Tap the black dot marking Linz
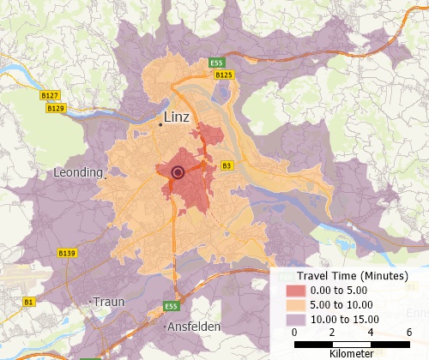[x=160, y=125]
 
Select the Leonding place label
[x=78, y=172]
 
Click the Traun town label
[x=109, y=302]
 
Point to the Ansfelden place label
[x=193, y=327]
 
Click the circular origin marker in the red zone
[x=178, y=172]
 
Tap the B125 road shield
[x=224, y=75]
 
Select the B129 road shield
[x=56, y=109]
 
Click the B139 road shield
[x=66, y=253]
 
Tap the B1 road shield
[x=29, y=302]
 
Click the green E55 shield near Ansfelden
[x=172, y=306]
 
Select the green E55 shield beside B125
[x=216, y=63]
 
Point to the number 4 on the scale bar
[x=372, y=333]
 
